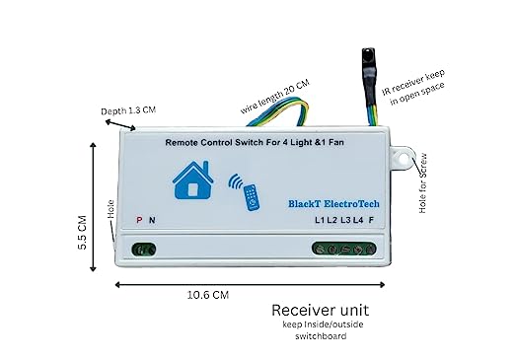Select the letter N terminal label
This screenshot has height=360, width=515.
[x=151, y=220]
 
